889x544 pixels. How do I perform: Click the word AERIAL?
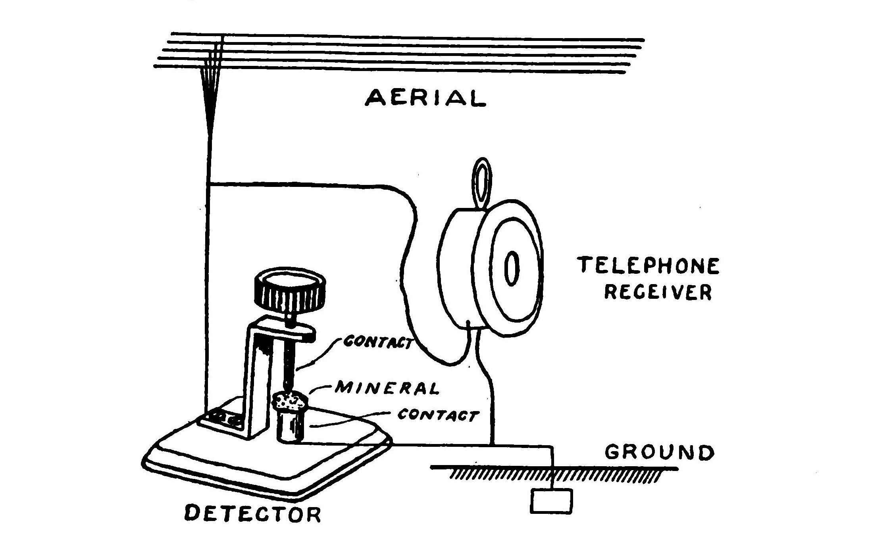425,98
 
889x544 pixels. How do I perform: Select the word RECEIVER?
658,292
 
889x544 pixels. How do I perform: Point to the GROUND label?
659,453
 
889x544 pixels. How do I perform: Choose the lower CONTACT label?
438,415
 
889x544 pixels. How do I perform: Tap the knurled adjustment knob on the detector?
289,292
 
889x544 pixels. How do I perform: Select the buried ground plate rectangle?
552,501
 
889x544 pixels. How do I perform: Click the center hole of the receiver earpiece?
512,268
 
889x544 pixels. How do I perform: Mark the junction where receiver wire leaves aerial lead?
208,184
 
